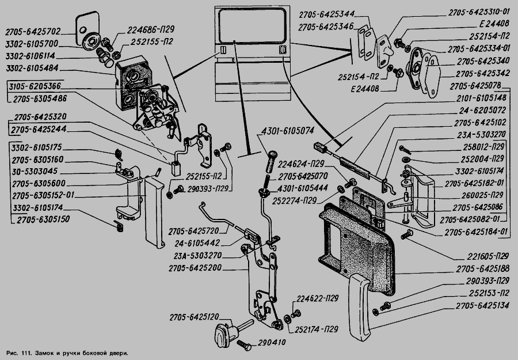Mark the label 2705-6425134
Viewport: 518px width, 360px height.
pos(482,305)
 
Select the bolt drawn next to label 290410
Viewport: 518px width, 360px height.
pos(243,344)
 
